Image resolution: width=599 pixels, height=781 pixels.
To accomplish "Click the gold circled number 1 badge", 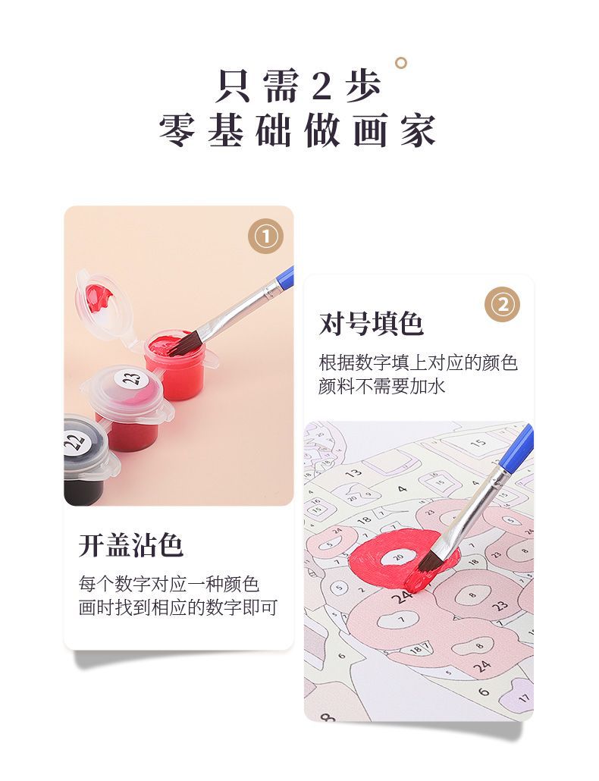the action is click(x=266, y=236).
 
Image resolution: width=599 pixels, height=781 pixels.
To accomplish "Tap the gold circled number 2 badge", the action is click(x=503, y=304).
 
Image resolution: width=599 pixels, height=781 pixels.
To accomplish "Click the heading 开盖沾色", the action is click(x=131, y=545).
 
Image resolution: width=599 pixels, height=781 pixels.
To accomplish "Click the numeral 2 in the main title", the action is click(x=321, y=86).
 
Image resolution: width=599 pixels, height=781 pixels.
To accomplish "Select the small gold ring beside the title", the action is click(x=400, y=63).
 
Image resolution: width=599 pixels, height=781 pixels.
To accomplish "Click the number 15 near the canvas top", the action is click(x=478, y=443).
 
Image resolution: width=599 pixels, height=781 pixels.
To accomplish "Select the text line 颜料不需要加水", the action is click(x=382, y=387).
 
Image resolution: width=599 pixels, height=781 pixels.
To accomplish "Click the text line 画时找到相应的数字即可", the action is click(x=177, y=607).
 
